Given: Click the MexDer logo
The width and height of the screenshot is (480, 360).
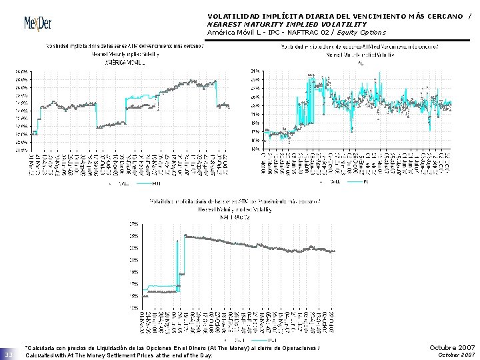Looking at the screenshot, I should coord(38,23).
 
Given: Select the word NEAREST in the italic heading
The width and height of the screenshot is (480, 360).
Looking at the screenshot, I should coord(225,24).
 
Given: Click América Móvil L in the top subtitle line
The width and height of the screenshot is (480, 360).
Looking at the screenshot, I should coord(234,32).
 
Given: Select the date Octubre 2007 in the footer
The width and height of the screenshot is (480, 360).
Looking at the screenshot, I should coord(452,347).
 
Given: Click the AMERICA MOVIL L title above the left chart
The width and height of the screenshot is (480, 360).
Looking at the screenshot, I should coord(125,62).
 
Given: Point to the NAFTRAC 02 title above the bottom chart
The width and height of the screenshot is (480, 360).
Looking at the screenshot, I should coord(237,217).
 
